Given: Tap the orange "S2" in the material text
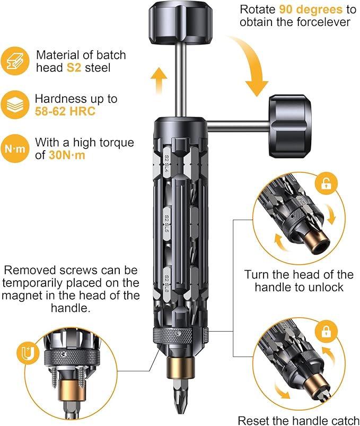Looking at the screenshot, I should coord(74,68).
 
